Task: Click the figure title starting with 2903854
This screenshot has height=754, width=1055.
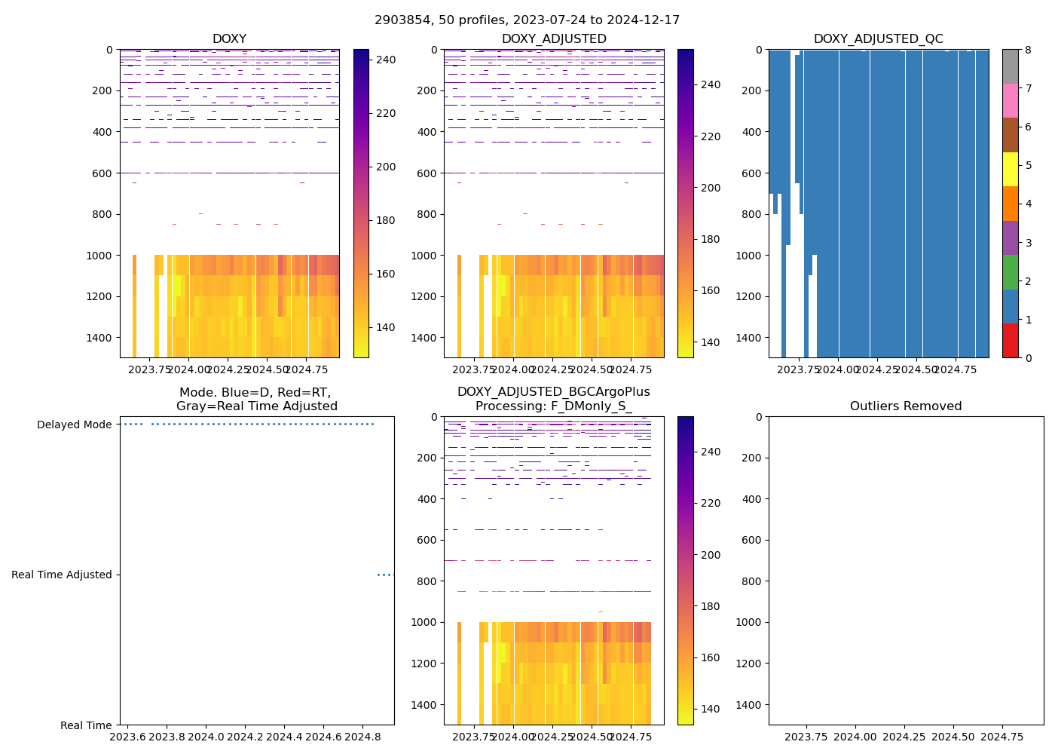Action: pos(527,20)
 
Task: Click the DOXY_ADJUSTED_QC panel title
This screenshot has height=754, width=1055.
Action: pos(878,39)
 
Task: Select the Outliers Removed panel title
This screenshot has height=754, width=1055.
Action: pos(906,406)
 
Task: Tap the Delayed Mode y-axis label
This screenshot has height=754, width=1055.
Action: pos(74,425)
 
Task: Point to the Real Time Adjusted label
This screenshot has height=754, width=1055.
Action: pos(61,575)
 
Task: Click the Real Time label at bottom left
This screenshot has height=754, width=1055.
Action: pos(86,725)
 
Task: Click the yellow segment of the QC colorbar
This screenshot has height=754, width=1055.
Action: pos(1010,169)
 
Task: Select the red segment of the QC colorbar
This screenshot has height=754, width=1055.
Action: pos(1010,340)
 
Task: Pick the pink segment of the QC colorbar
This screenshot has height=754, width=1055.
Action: pos(1010,100)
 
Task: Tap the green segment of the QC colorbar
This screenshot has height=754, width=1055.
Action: pos(1010,271)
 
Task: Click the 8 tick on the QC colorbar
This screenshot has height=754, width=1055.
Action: pos(1026,50)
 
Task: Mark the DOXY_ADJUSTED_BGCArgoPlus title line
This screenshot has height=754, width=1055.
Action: pos(553,392)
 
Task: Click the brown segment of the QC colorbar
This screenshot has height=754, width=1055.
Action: pos(1010,135)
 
